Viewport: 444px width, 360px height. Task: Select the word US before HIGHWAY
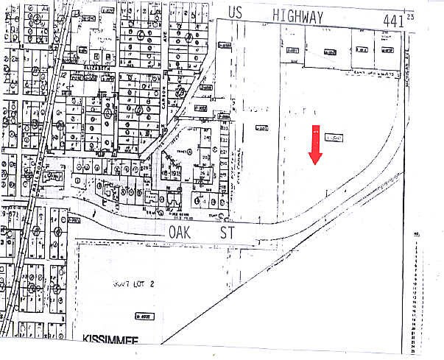pyautogui.click(x=235, y=13)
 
